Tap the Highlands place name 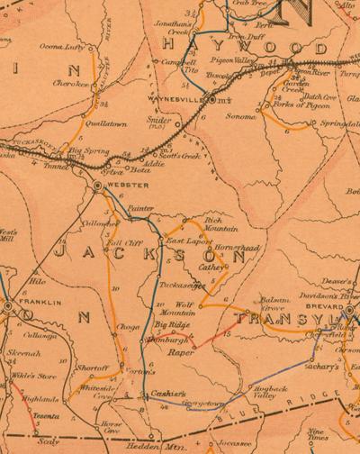click(x=41, y=397)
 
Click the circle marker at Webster click(x=96, y=186)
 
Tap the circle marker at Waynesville click(x=211, y=102)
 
